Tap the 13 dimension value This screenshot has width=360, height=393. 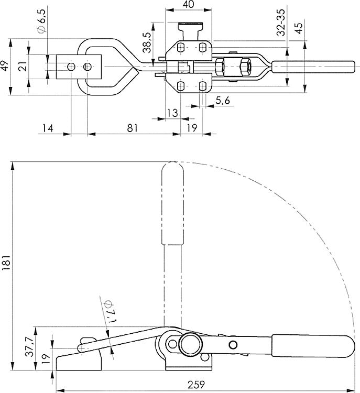pos(172,113)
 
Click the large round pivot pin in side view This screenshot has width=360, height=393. pos(189,345)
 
